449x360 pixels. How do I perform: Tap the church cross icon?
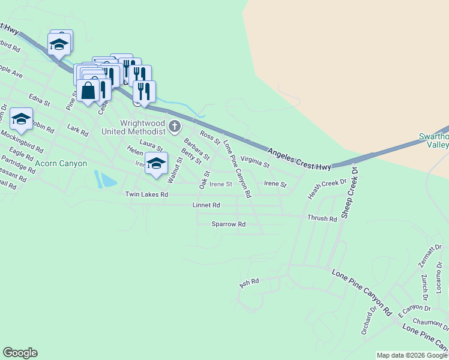(x=175, y=126)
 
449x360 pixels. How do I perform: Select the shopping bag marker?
(x=88, y=91)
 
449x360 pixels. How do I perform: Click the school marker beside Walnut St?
(x=156, y=164)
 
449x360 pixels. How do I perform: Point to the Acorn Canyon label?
(x=61, y=163)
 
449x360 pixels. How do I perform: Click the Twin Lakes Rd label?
(x=146, y=194)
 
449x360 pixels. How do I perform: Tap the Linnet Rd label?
(x=206, y=205)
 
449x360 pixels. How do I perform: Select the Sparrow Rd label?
(x=229, y=224)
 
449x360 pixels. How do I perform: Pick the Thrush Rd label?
(x=322, y=218)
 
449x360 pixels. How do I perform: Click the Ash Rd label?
(x=249, y=281)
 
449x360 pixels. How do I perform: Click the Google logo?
(x=20, y=353)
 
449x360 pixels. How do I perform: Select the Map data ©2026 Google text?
(x=412, y=355)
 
